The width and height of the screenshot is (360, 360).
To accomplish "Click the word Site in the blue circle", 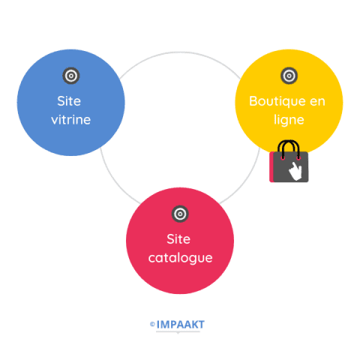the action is pos(69,101).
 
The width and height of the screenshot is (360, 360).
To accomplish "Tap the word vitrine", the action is pos(71,120).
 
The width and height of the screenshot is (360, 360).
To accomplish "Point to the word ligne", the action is pos(289,120).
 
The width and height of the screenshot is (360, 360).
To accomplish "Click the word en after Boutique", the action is pos(317,102).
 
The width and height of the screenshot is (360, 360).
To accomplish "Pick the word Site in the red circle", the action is pos(178,239).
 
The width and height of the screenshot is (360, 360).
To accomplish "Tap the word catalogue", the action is pos(180,258).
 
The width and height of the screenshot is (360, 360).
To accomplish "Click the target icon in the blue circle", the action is pos(71,76).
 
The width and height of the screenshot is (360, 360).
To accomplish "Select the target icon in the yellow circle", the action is pos(289,76).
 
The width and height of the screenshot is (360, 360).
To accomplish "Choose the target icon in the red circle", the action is pos(180,214).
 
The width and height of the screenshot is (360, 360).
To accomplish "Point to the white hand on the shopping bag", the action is pos(295,171).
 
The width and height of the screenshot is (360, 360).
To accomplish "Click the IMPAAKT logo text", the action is pos(180,325).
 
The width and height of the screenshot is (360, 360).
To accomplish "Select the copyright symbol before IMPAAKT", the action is pos(152,324).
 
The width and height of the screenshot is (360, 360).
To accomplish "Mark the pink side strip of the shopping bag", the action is pos(271,167).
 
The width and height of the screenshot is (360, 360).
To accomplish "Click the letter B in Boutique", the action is pos(253,101).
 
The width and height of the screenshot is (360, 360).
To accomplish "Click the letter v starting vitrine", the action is pos(55,121).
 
